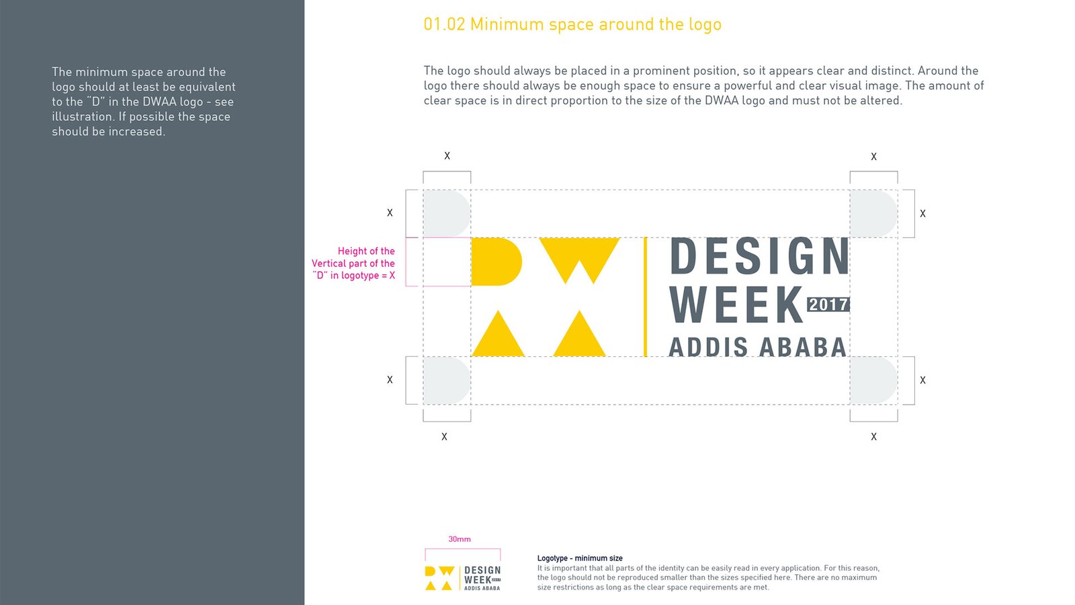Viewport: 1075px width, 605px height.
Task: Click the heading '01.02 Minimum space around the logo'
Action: tap(572, 24)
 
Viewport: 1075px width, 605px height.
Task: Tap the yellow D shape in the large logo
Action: tap(497, 261)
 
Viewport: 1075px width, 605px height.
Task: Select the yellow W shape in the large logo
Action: tap(579, 259)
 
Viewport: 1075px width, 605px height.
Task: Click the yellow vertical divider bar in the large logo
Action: tap(645, 296)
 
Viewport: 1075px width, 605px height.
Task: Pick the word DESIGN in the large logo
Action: tap(759, 256)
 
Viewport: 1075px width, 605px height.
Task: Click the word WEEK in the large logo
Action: tap(736, 305)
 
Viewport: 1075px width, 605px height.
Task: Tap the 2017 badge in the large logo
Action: tap(828, 305)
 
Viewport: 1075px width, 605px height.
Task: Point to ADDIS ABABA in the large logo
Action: tap(757, 347)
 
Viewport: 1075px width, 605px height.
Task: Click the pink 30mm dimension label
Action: tap(460, 539)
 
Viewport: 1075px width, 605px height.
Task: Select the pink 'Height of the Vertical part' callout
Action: tap(353, 263)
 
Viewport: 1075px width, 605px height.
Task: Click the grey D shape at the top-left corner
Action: tap(446, 214)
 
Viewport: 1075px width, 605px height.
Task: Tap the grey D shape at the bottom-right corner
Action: tap(873, 380)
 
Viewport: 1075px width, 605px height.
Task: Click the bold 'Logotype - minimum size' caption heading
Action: tap(580, 558)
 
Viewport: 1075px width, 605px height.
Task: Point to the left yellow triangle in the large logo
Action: tap(498, 333)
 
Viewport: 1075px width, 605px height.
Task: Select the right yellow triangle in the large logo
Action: tap(579, 333)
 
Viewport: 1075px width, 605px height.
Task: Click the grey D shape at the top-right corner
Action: tap(873, 214)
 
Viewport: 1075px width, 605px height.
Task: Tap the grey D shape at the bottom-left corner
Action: tap(446, 380)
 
